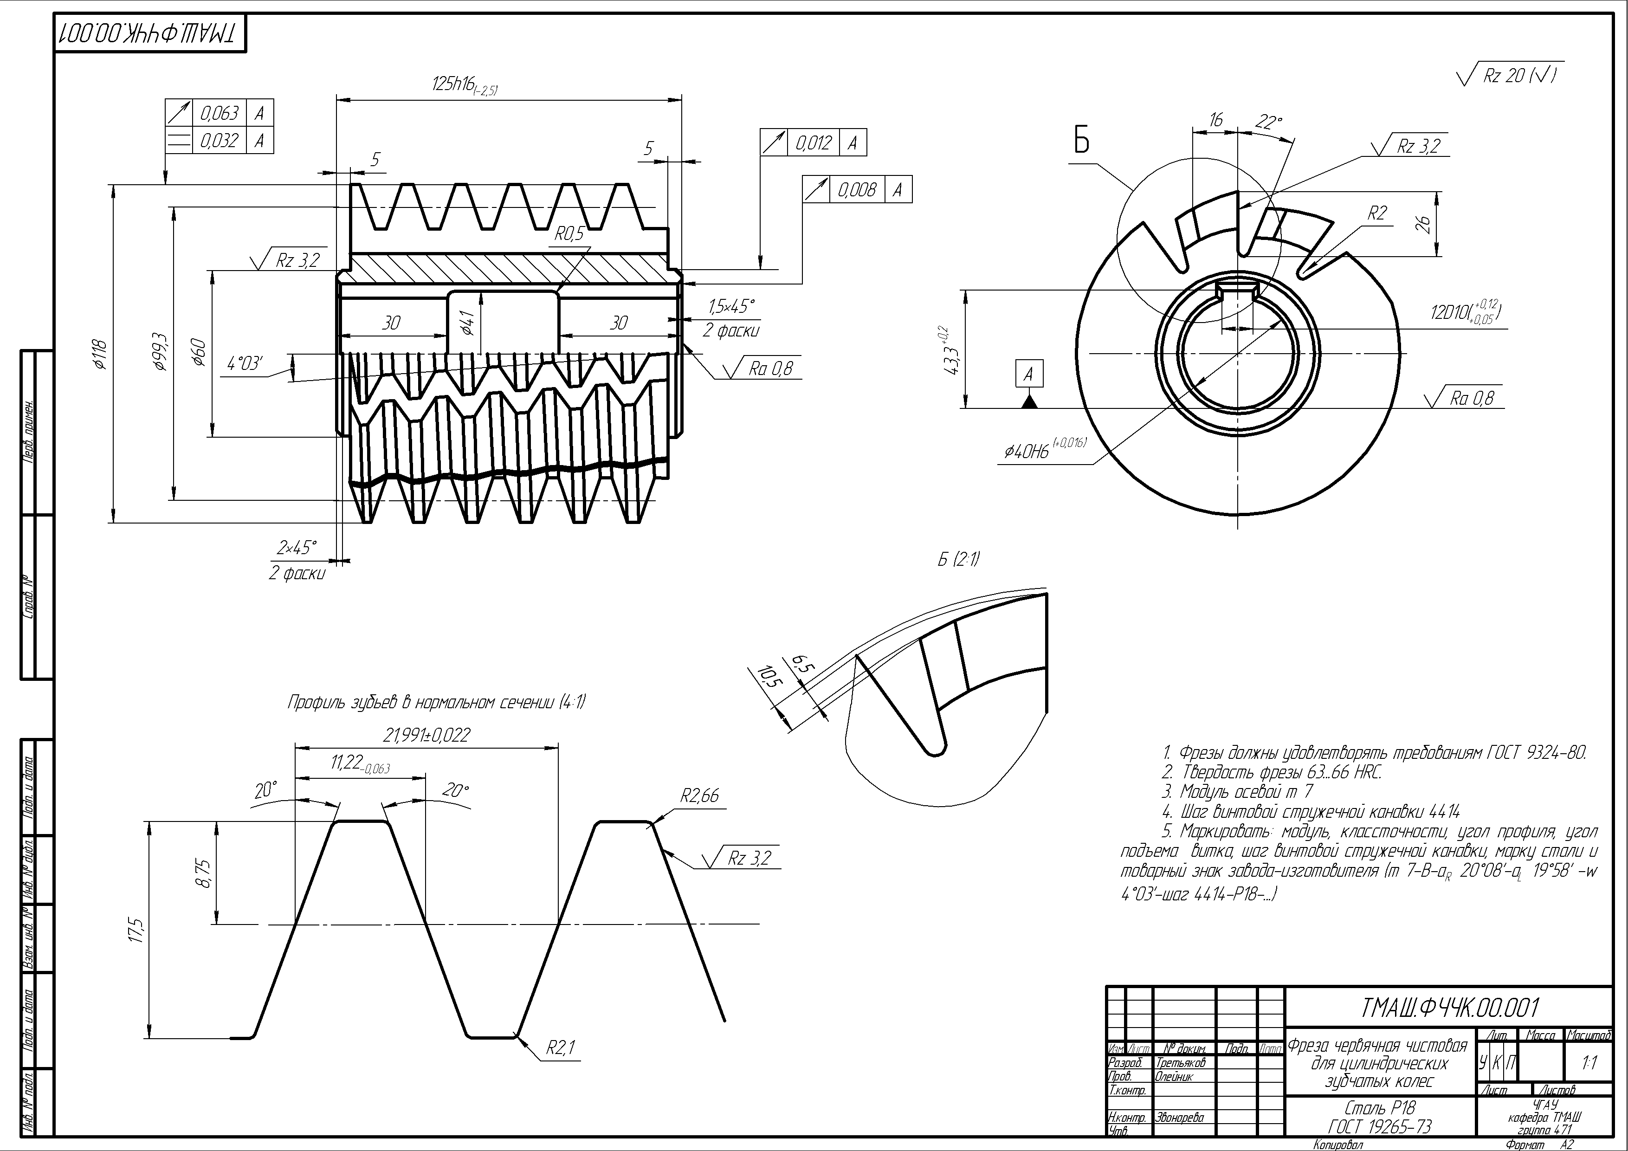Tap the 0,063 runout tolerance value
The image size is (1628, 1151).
pyautogui.click(x=219, y=113)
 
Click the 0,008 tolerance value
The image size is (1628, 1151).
pyautogui.click(x=857, y=190)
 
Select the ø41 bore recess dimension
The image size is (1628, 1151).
pyautogui.click(x=467, y=323)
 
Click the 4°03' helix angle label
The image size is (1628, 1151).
pyautogui.click(x=245, y=364)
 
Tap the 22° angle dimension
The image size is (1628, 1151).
pyautogui.click(x=1268, y=123)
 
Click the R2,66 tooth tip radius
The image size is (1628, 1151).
pyautogui.click(x=699, y=795)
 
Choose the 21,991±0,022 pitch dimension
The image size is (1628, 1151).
pyautogui.click(x=426, y=735)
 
